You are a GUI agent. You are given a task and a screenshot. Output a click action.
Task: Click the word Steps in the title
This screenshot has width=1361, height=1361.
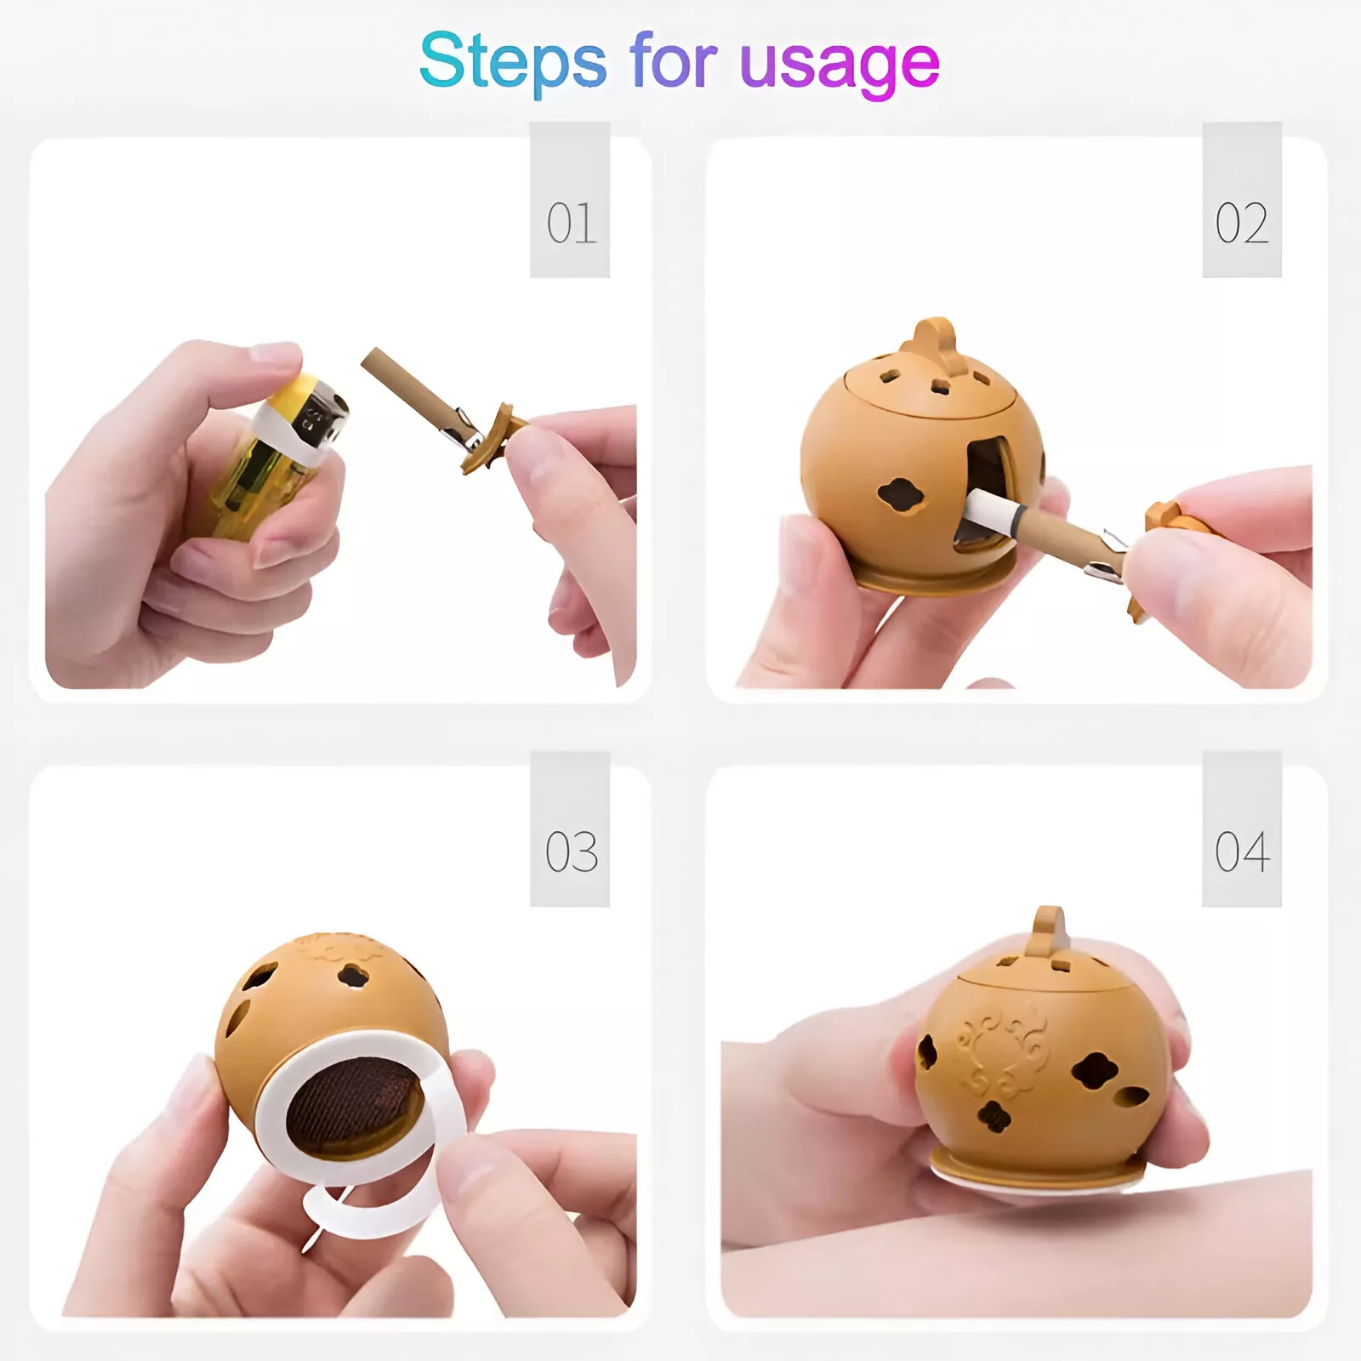513,60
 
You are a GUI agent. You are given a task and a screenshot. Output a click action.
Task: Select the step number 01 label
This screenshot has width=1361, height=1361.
571,223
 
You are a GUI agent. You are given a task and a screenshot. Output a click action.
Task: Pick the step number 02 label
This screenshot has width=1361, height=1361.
1241,223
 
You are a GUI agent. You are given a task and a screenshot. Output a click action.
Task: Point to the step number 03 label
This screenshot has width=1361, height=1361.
571,851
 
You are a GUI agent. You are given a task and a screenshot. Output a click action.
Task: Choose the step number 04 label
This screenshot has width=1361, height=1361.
1242,851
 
